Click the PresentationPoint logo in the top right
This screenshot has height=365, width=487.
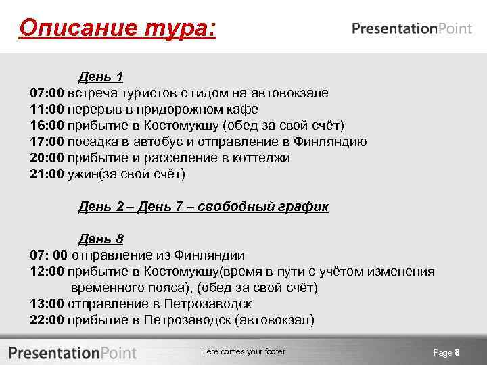(x=412, y=28)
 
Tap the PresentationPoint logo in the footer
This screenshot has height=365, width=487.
(x=72, y=352)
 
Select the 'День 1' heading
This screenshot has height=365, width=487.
(x=101, y=76)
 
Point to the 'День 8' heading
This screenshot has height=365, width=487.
(x=101, y=239)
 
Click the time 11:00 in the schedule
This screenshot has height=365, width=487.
(x=47, y=109)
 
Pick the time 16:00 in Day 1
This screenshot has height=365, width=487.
(x=47, y=125)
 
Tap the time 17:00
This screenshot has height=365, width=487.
(x=47, y=141)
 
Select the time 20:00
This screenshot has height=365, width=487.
(x=47, y=157)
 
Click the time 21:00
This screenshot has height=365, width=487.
(x=47, y=174)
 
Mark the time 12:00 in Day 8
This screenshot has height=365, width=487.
(x=47, y=271)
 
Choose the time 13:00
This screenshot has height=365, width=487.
(x=47, y=303)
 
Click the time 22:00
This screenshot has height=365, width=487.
(x=47, y=320)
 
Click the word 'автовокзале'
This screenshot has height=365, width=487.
(x=289, y=93)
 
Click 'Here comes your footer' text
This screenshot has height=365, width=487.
(x=243, y=351)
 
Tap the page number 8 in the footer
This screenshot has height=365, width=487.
(x=457, y=352)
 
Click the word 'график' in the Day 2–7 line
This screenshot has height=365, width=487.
(x=303, y=206)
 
